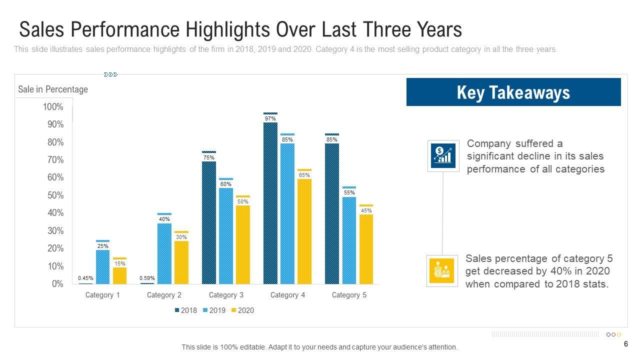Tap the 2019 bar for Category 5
349,240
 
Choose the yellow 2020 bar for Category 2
181,262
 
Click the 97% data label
270,119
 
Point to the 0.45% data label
85,278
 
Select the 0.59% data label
147,278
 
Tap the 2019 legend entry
214,310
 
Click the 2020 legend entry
243,310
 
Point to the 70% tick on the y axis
55,160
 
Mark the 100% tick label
53,106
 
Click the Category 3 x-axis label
226,295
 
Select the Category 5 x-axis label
349,295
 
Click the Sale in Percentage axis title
53,89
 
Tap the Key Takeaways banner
513,92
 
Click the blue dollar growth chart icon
443,155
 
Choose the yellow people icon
442,270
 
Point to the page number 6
626,344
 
